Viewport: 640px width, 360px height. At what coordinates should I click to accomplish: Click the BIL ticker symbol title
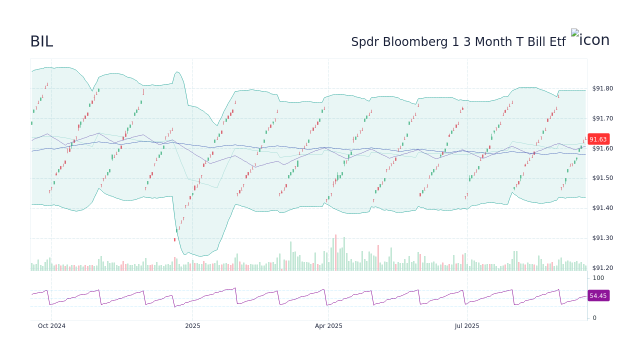click(41, 41)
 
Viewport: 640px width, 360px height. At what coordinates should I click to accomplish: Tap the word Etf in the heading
click(557, 42)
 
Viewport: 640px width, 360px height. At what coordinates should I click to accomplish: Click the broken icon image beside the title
click(590, 39)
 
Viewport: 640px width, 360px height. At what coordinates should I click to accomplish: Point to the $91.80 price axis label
click(602, 88)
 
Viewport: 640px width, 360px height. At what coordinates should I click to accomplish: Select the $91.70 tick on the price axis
click(602, 118)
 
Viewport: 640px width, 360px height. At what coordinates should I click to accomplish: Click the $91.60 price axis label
click(602, 148)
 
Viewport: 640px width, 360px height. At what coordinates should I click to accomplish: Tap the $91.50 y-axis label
click(602, 178)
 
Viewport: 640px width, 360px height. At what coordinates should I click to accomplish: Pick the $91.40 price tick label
click(602, 208)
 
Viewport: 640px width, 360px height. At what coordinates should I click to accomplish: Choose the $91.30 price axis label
click(602, 238)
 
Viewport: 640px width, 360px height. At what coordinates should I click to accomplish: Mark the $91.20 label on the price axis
click(602, 268)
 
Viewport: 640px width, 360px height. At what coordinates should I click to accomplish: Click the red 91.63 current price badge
click(598, 139)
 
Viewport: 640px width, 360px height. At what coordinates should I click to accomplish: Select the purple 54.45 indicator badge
click(598, 296)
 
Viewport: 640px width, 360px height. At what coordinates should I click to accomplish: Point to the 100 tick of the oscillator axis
click(598, 278)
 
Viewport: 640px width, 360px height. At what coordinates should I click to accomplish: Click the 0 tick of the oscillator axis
click(594, 317)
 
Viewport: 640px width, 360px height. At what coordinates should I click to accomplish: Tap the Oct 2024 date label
click(51, 326)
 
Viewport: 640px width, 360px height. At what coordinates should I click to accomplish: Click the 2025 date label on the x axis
click(192, 326)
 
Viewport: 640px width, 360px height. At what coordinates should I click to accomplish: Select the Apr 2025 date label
click(328, 326)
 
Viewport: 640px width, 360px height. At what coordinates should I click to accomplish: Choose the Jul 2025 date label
click(467, 326)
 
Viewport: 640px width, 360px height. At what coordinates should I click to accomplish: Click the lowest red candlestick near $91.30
click(174, 240)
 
